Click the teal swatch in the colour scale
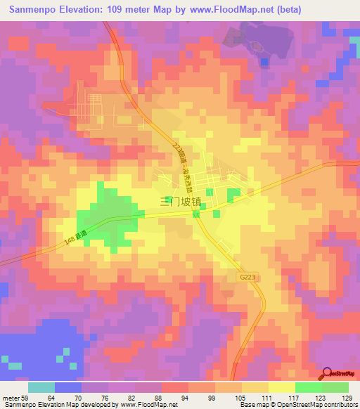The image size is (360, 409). tap(41, 387)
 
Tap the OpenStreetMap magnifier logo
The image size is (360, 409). tap(327, 373)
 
